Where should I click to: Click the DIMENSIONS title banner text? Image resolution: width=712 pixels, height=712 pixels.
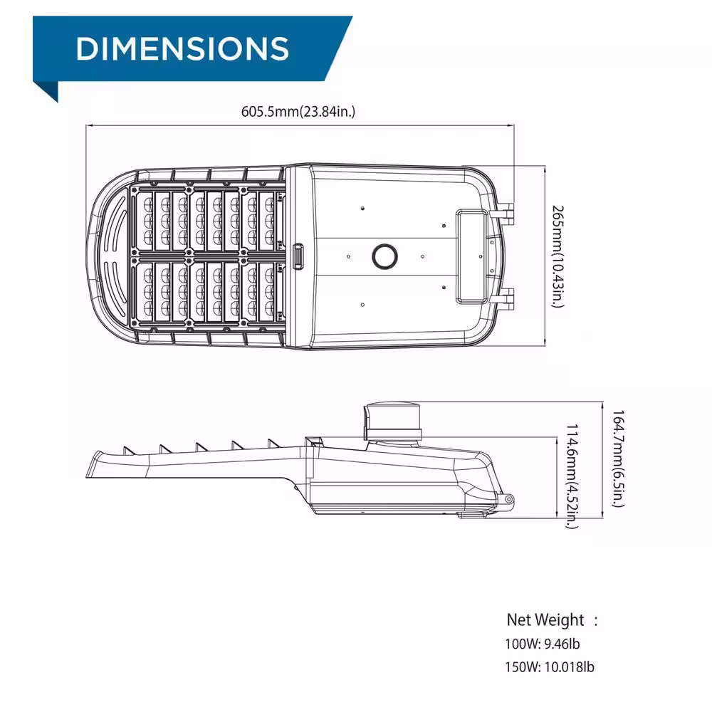tap(182, 48)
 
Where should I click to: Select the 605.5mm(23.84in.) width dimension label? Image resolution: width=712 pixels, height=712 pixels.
tap(298, 111)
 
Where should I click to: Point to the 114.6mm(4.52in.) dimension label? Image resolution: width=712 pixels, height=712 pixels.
tap(572, 476)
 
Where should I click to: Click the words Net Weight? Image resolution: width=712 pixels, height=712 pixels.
tap(545, 619)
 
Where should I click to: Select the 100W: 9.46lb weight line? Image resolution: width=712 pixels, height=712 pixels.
tap(543, 644)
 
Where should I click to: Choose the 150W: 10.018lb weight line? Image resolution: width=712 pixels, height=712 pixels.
tap(549, 667)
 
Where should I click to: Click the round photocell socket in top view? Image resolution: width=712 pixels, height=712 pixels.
tap(386, 256)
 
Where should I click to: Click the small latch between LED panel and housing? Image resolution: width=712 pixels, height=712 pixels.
tap(297, 256)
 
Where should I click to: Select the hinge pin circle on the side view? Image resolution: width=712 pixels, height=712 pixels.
tap(509, 499)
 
